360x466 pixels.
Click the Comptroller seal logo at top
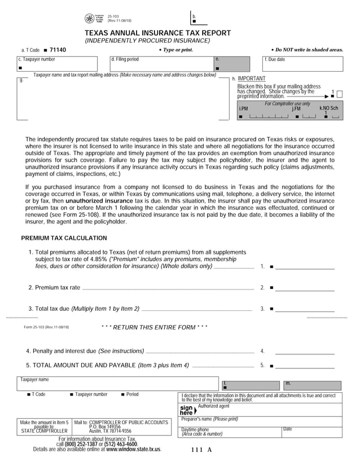pos(90,19)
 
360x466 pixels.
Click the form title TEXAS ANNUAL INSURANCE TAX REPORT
pos(157,33)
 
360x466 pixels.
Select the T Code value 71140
pos(58,50)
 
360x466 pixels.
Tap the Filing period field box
pos(161,64)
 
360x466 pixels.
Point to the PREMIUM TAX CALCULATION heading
pos(64,238)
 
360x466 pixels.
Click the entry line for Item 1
pos(305,266)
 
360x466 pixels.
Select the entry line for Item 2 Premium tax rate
pos(305,287)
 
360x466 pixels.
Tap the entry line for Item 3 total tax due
pos(305,309)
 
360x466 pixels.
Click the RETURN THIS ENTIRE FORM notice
pos(154,327)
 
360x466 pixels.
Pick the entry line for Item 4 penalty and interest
pos(305,351)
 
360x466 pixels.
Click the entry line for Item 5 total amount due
pos(305,366)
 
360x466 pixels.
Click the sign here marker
pos(186,410)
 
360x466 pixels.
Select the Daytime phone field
pos(230,432)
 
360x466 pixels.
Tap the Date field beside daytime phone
pos(311,432)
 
